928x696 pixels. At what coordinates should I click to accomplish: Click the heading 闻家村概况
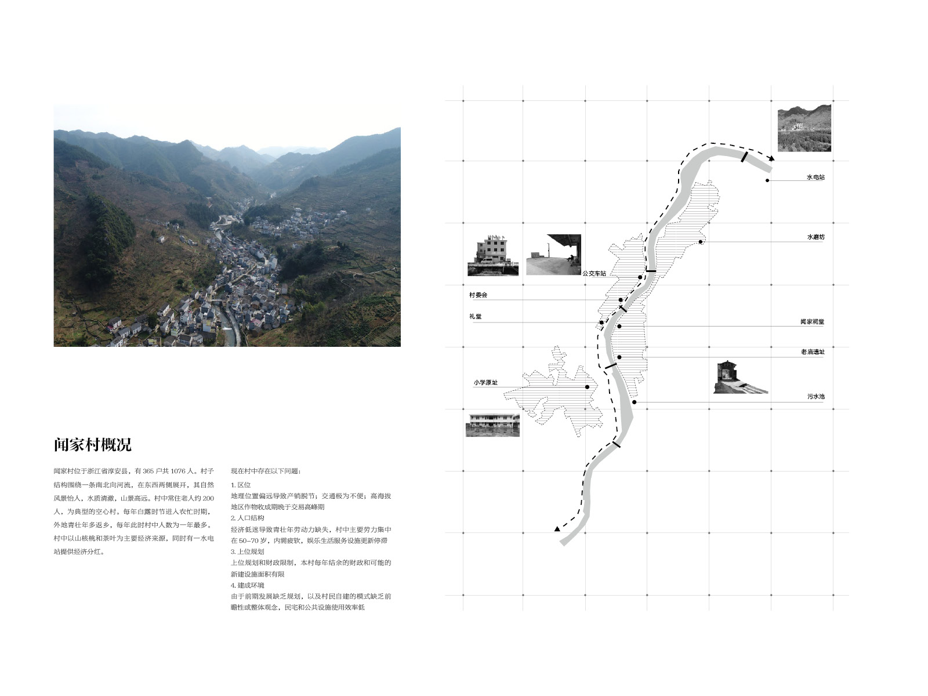point(93,444)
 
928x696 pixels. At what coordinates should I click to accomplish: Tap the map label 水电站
point(815,177)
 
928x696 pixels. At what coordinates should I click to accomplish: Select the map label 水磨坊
point(816,237)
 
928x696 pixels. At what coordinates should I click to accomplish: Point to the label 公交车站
point(594,273)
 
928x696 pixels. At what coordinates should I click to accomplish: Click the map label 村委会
point(478,295)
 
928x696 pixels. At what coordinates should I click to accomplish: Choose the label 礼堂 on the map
point(475,316)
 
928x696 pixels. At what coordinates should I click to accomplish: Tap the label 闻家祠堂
point(812,321)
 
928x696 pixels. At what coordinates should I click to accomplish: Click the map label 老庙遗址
point(813,351)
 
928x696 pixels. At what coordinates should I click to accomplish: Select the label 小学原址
point(486,382)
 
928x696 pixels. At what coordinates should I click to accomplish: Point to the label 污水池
point(816,396)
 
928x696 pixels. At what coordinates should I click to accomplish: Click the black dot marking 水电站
point(767,180)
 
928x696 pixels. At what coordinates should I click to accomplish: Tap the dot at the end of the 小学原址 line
point(587,387)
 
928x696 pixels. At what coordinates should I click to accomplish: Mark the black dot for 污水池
point(635,403)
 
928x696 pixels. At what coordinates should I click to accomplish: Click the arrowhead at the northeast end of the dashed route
point(771,158)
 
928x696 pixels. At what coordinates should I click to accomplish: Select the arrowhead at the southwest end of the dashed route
point(557,528)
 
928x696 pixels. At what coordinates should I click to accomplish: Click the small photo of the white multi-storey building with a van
point(493,256)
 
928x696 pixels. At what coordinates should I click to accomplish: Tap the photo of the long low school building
point(492,425)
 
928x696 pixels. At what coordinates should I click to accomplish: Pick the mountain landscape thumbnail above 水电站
point(804,128)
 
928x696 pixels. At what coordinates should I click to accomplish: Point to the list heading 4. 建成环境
point(248,585)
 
